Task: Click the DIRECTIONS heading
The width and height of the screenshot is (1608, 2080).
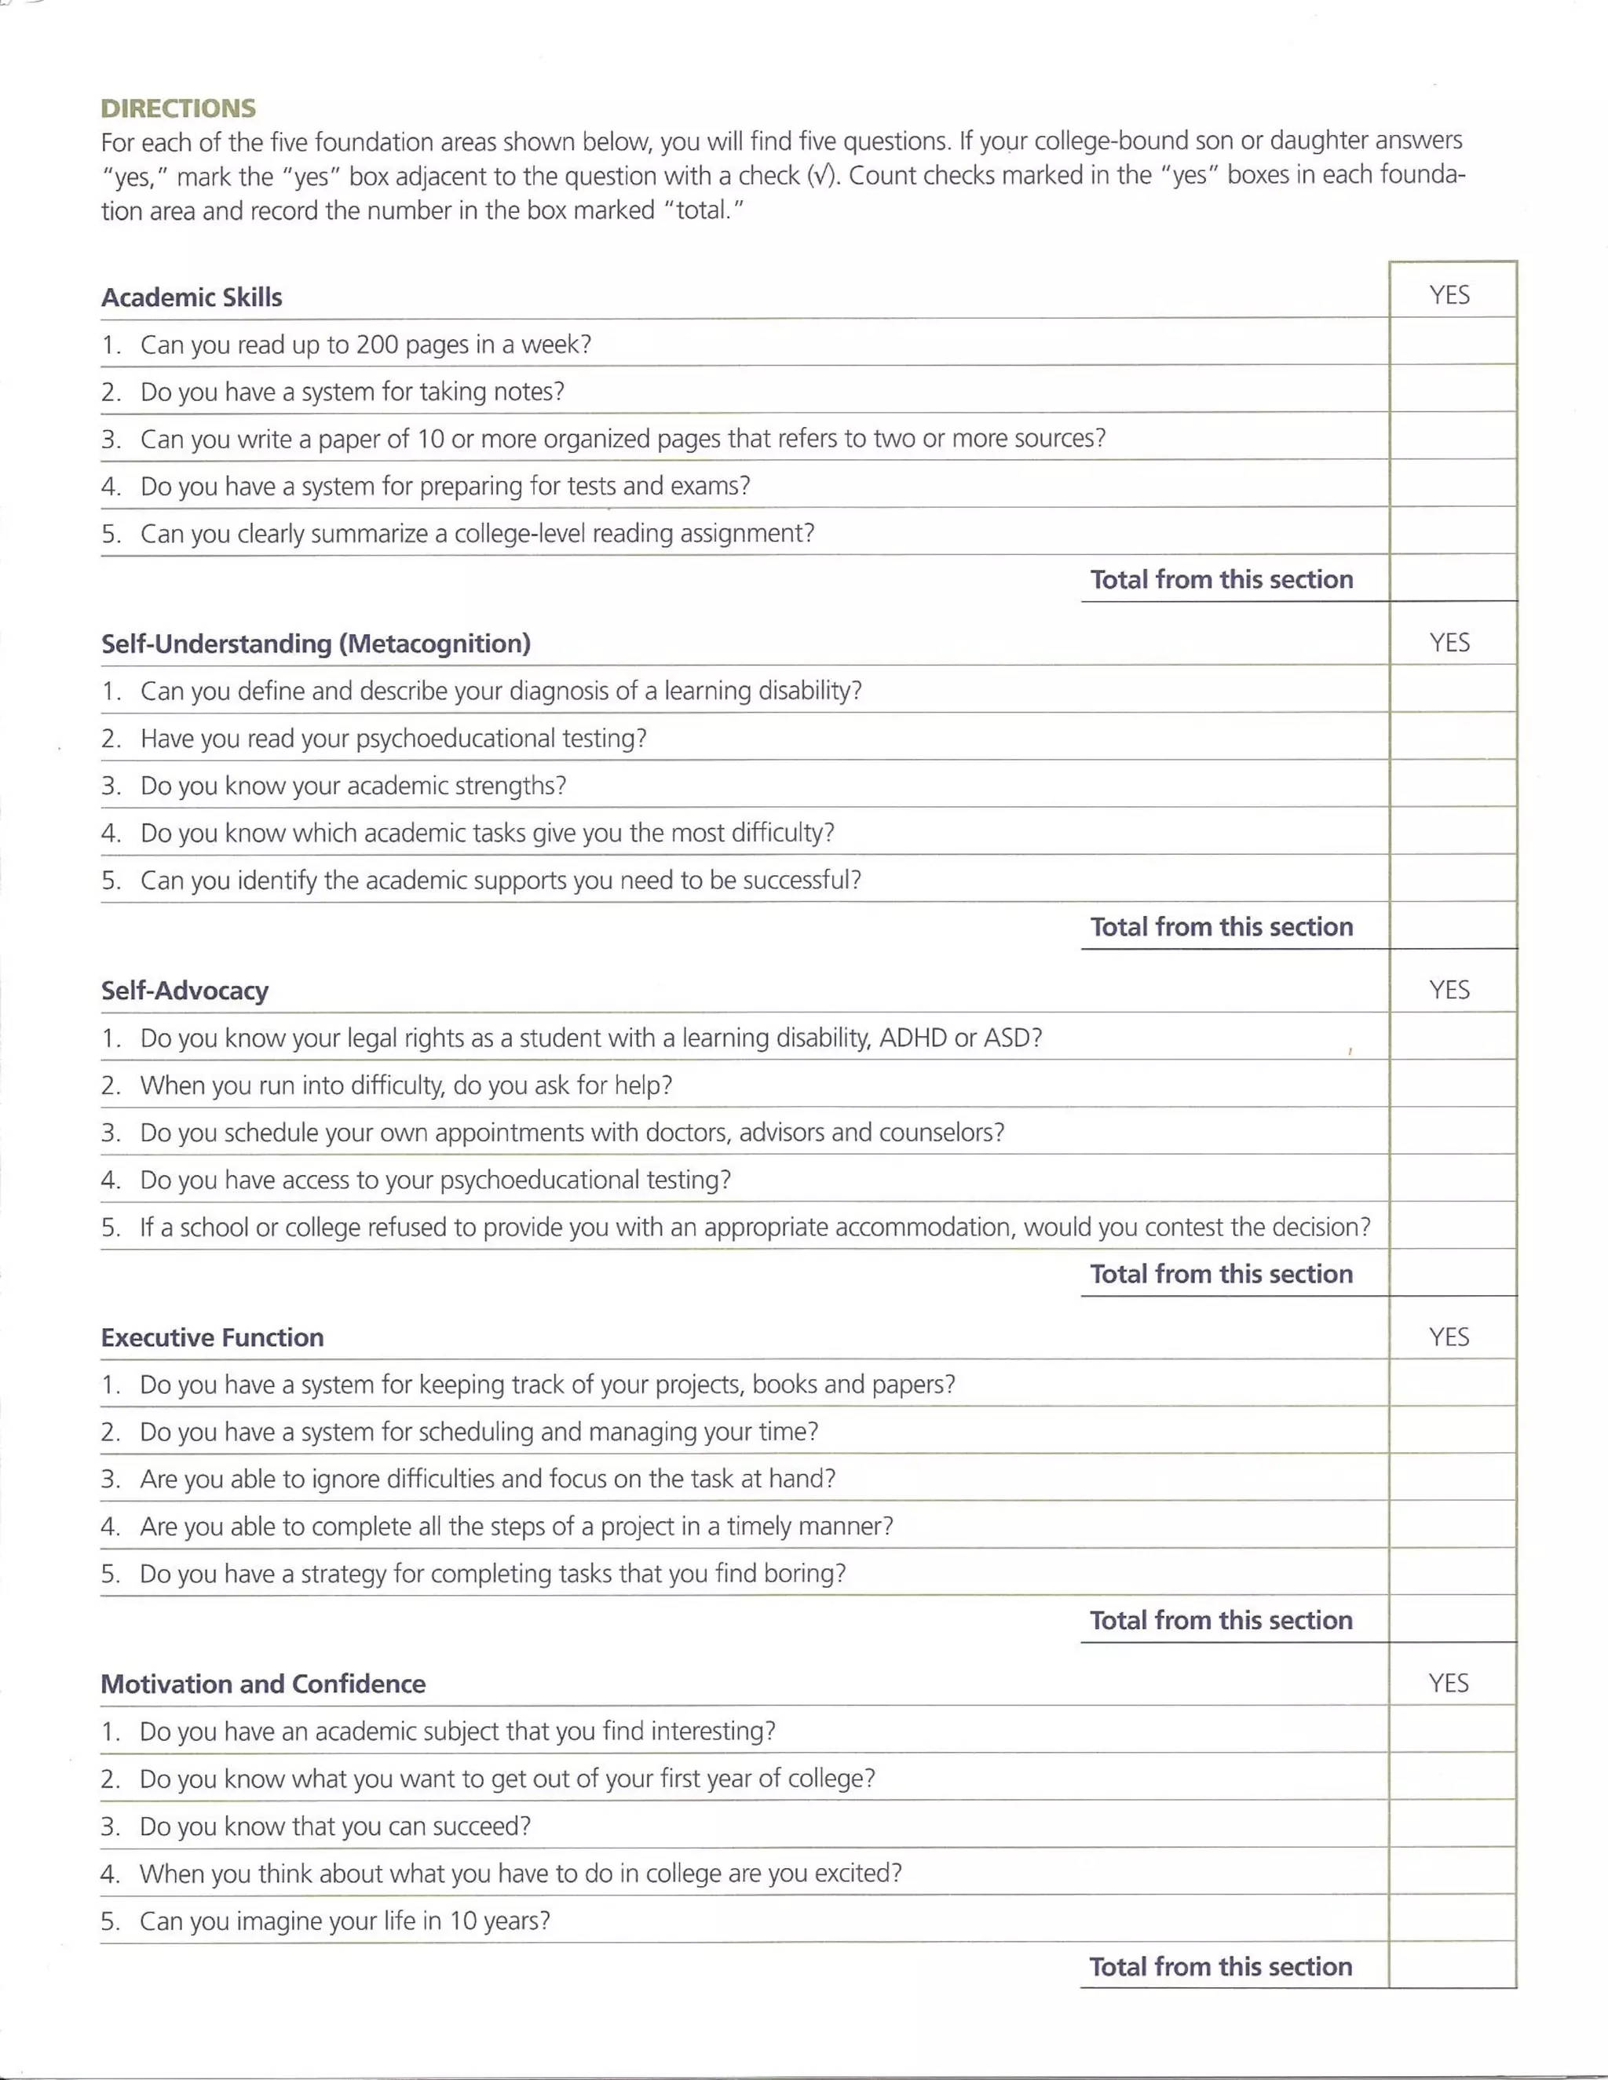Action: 178,108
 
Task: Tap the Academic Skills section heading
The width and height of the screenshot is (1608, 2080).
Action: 192,297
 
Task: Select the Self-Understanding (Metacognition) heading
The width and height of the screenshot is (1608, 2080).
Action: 316,644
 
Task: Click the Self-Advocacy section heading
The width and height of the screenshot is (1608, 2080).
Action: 185,991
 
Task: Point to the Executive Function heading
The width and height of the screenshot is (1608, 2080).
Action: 213,1337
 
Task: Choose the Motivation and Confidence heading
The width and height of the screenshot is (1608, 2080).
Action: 263,1684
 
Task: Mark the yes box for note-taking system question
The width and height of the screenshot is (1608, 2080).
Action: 1452,389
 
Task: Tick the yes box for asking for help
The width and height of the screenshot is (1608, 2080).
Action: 1452,1084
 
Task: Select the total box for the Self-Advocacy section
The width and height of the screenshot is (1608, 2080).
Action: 1452,1272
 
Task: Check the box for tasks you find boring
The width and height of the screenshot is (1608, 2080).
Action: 1452,1572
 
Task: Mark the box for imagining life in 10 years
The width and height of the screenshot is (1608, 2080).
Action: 1452,1919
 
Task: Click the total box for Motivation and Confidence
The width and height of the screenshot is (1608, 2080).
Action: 1452,1965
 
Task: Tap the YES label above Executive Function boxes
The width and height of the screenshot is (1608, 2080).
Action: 1449,1336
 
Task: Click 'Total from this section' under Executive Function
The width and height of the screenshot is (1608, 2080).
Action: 1221,1620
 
